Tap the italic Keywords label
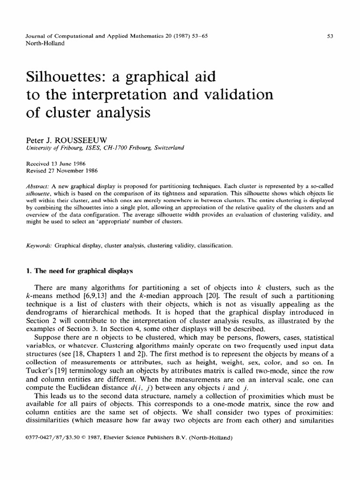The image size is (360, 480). (29, 245)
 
